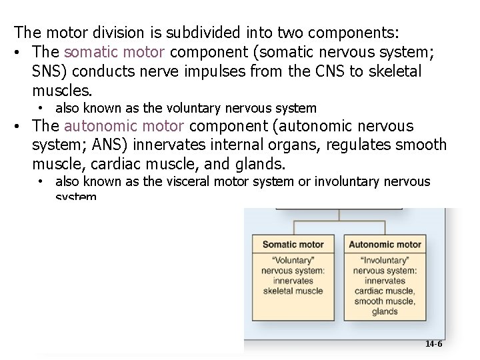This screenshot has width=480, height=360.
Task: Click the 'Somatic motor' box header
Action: point(293,245)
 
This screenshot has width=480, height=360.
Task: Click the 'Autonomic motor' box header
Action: point(385,245)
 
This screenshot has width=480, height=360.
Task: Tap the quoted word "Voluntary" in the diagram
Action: point(293,261)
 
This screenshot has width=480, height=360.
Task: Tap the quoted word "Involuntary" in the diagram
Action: point(385,261)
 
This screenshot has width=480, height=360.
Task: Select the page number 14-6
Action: point(433,344)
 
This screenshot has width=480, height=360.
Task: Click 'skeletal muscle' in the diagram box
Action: point(293,291)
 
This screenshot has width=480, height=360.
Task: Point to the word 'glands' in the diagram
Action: point(385,311)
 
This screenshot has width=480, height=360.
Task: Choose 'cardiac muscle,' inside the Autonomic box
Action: point(385,291)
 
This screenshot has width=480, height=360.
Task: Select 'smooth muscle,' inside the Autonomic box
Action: point(385,301)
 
